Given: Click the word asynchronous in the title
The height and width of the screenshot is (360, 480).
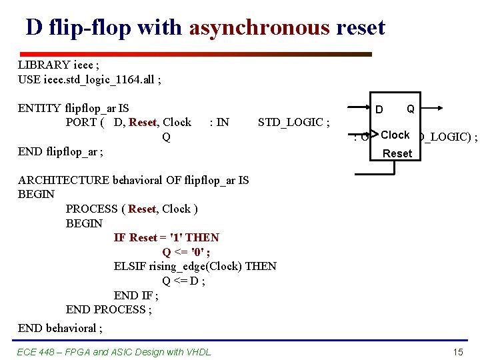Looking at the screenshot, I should pyautogui.click(x=259, y=27).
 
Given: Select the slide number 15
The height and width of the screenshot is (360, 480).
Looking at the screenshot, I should pyautogui.click(x=457, y=352).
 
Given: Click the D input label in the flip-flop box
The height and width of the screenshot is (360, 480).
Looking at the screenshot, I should pyautogui.click(x=379, y=109).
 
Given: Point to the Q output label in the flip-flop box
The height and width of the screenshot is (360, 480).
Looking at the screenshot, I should pyautogui.click(x=411, y=109).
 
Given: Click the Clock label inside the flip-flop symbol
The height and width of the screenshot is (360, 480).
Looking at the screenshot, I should pyautogui.click(x=395, y=135).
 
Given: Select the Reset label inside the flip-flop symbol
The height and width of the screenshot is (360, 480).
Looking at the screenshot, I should pyautogui.click(x=397, y=153).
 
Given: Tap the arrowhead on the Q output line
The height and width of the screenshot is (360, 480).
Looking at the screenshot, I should pyautogui.click(x=438, y=108).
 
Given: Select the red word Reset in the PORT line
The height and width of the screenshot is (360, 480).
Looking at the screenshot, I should pyautogui.click(x=142, y=122).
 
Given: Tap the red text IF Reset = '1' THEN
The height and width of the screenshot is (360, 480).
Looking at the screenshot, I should pyautogui.click(x=166, y=237).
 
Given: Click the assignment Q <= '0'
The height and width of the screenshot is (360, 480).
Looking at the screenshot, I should pyautogui.click(x=186, y=252).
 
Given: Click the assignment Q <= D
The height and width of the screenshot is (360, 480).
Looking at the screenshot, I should pyautogui.click(x=183, y=281).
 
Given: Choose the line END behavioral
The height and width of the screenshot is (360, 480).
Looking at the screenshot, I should pyautogui.click(x=60, y=328).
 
